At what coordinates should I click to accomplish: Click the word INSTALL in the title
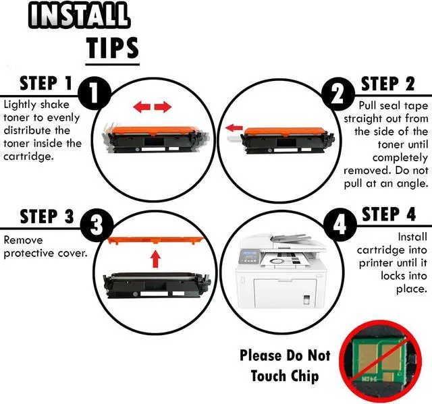[78, 15]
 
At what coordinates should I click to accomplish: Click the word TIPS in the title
[113, 48]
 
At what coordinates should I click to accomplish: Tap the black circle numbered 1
[94, 93]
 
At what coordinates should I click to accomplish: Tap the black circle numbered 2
[338, 94]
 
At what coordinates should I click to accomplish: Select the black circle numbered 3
[97, 225]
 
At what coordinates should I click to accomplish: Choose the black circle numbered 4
[340, 225]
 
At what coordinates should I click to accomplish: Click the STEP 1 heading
[46, 83]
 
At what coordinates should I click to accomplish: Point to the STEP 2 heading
[388, 84]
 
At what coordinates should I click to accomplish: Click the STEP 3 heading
[47, 216]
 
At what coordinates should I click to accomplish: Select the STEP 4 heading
[389, 214]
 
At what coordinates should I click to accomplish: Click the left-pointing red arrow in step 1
[142, 107]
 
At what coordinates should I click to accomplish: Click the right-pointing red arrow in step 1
[163, 107]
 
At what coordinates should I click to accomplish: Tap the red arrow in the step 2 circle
[234, 127]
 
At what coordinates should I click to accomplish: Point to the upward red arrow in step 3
[156, 259]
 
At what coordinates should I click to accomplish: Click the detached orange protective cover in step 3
[156, 240]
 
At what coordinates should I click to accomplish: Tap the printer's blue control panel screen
[250, 253]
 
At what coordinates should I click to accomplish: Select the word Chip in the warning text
[303, 376]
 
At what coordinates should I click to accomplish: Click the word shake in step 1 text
[55, 105]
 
